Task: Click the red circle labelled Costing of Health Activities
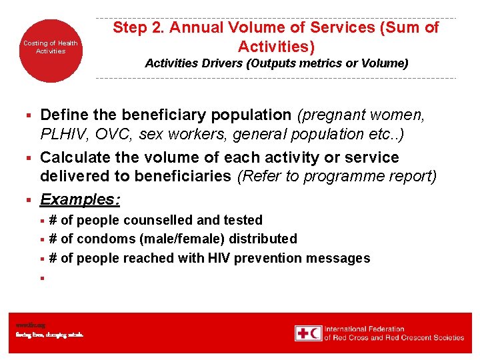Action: (x=51, y=47)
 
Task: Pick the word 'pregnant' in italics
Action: (x=332, y=115)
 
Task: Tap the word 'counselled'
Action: (x=150, y=220)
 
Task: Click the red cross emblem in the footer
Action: (x=308, y=333)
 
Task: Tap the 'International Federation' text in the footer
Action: (x=364, y=329)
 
